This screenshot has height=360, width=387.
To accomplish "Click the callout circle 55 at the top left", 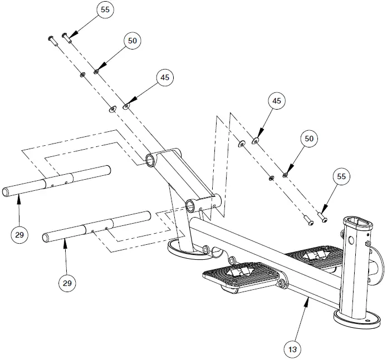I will [x=104, y=10].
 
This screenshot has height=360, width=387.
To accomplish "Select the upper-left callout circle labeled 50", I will [x=132, y=41].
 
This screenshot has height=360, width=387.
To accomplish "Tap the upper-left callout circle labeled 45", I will [x=165, y=78].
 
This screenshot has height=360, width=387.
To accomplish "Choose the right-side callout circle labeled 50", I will [x=310, y=137].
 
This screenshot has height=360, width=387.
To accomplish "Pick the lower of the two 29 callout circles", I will [x=67, y=283].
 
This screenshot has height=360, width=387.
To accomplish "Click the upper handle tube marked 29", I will [x=56, y=181].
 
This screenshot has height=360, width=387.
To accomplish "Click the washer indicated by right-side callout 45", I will [x=256, y=141].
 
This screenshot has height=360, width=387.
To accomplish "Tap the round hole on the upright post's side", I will [x=351, y=241].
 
